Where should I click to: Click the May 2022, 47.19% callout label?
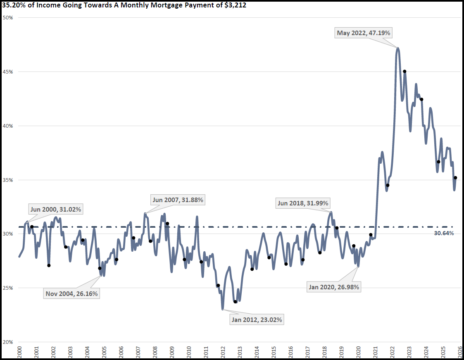[x=364, y=33]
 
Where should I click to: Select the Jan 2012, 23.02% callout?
[x=257, y=319]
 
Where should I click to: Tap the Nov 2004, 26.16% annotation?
[x=72, y=294]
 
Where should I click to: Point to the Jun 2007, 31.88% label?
[x=178, y=200]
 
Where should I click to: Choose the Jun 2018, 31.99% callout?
[x=303, y=203]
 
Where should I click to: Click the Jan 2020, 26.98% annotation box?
[x=334, y=287]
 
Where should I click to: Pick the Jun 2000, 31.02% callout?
[x=56, y=209]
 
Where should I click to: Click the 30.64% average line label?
[x=444, y=233]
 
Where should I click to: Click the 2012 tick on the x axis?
[x=223, y=352]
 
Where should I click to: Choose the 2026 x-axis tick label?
[x=460, y=352]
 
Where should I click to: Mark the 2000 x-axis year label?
[x=19, y=352]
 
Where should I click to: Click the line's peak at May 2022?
[x=397, y=48]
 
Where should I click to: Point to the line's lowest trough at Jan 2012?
[x=223, y=309]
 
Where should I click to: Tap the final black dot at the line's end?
[x=455, y=178]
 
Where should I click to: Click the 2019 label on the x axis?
[x=341, y=352]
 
